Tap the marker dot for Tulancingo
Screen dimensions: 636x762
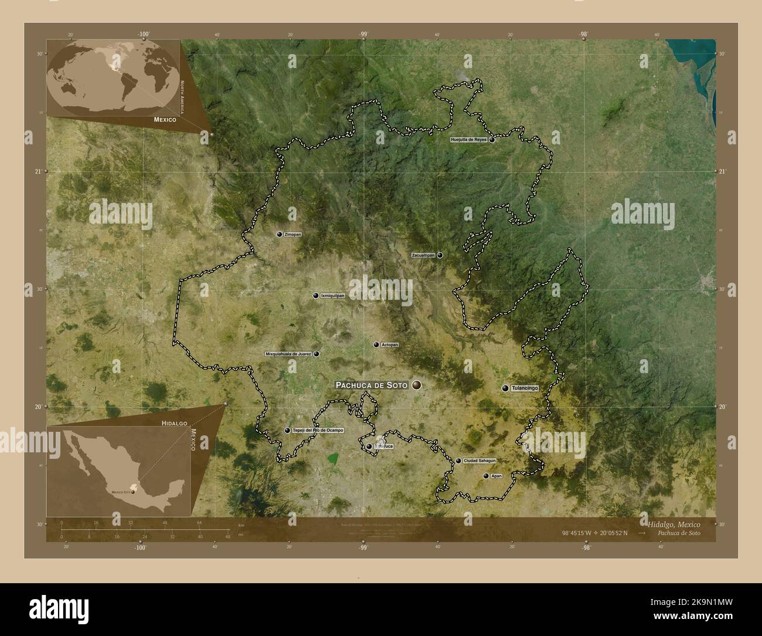click(505, 388)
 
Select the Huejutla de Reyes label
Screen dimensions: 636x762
click(468, 140)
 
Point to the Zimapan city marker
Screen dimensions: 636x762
click(280, 234)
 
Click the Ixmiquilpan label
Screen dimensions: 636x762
click(332, 296)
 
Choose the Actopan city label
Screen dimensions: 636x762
click(389, 345)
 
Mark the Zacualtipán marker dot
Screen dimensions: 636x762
click(440, 255)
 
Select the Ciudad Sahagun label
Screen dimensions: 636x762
click(479, 461)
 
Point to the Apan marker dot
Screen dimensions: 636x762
click(485, 476)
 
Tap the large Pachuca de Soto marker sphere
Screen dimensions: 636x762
click(417, 385)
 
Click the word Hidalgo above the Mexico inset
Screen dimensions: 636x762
click(175, 422)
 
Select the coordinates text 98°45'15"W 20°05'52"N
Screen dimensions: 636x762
click(594, 533)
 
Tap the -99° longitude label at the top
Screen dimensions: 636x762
click(363, 34)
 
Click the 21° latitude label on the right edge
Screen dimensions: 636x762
click(722, 171)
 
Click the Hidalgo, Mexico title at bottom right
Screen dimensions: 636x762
click(673, 523)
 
